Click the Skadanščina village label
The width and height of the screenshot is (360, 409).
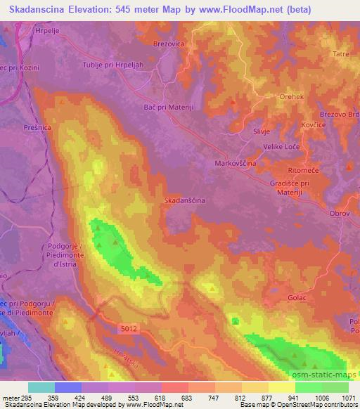[x=184, y=200]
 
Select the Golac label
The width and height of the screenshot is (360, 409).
[x=297, y=298]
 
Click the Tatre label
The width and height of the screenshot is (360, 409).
[x=341, y=53]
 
